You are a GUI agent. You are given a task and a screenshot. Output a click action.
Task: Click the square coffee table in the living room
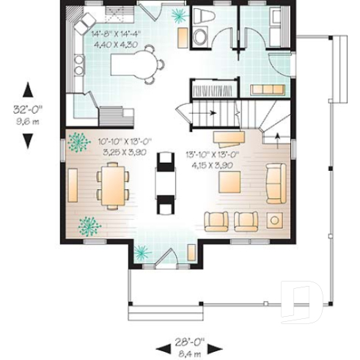[x=276, y=220]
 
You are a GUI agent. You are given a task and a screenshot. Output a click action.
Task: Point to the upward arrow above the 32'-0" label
[x=28, y=89]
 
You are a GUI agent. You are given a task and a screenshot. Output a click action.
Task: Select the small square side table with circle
[x=276, y=220]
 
